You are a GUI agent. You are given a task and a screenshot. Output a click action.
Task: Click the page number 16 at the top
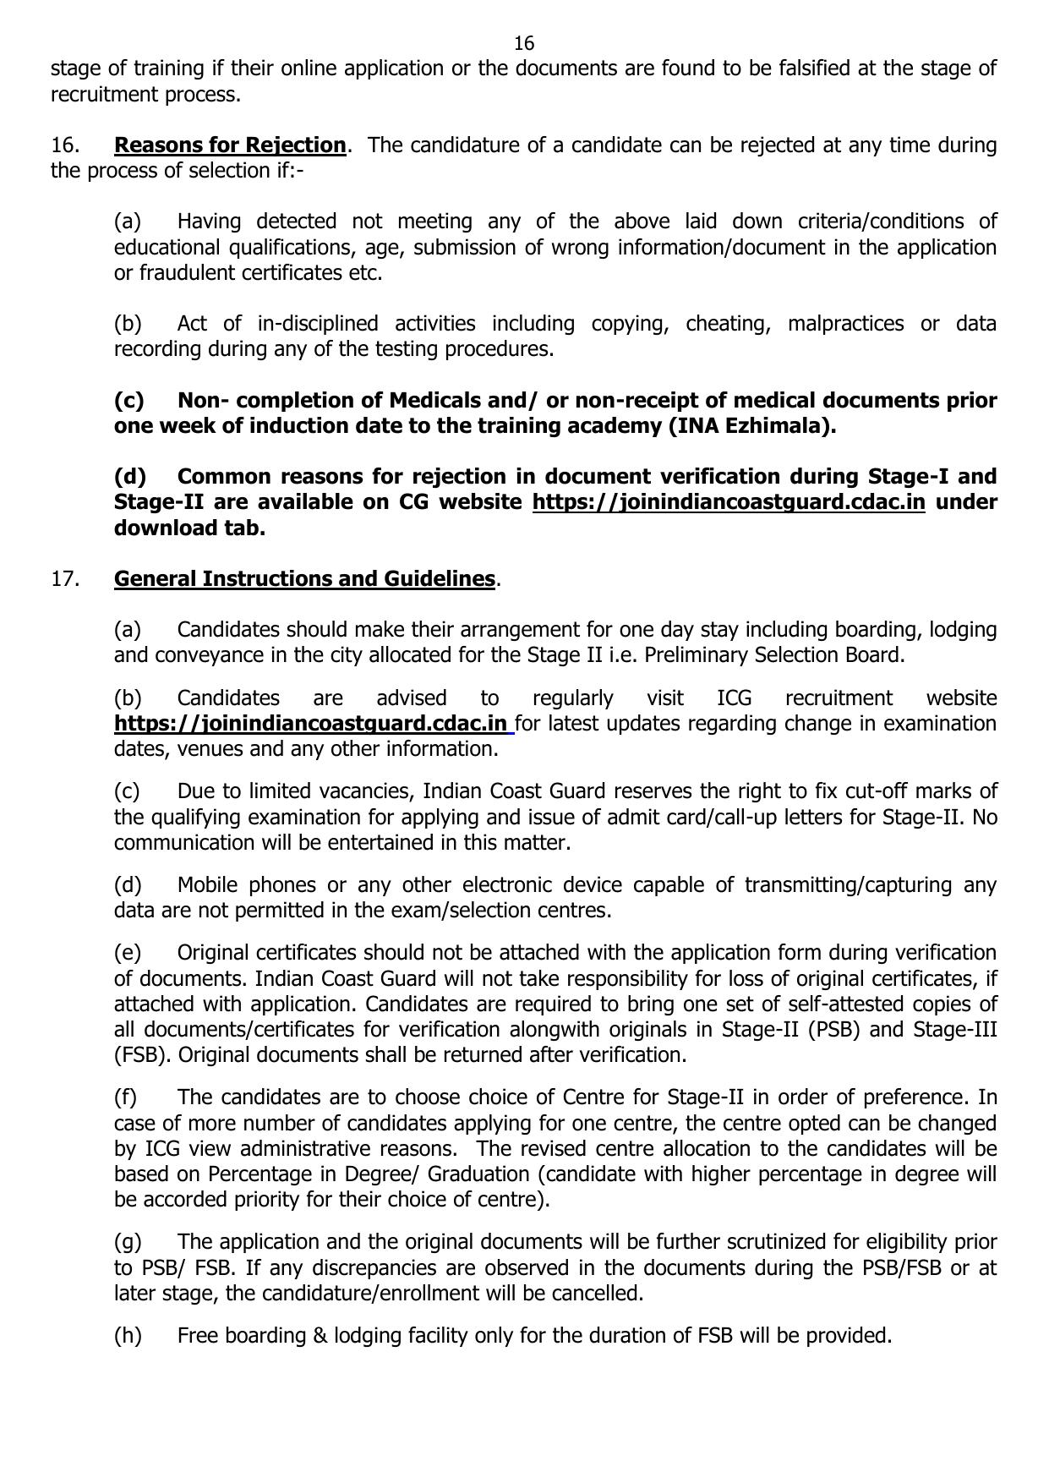pos(524,43)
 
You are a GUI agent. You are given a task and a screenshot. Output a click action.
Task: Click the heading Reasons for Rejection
pos(230,145)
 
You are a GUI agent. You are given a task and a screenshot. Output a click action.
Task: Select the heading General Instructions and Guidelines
pos(304,579)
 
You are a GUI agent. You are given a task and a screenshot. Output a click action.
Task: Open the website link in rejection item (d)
pos(729,502)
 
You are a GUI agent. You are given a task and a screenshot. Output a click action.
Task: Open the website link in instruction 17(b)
pos(311,724)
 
